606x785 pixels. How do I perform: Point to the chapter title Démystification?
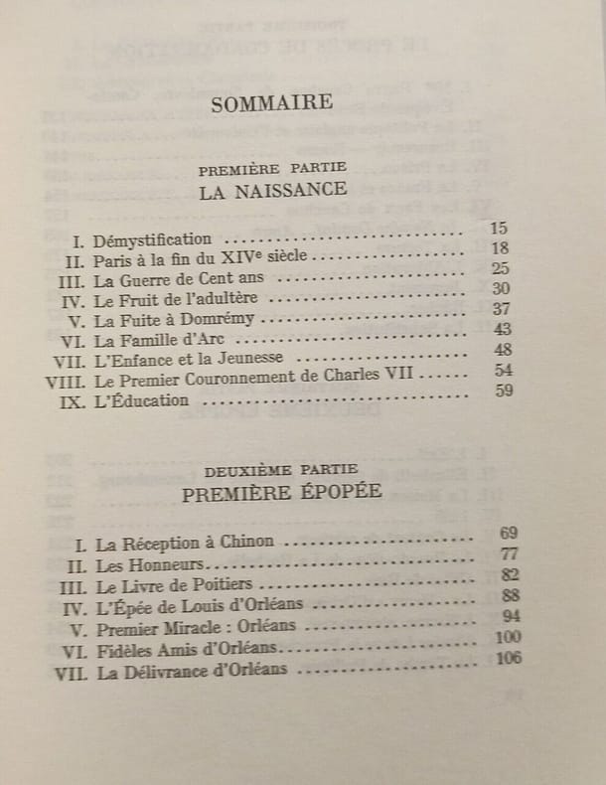(152, 239)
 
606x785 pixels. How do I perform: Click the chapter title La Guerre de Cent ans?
(179, 279)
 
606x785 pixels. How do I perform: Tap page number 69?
(509, 534)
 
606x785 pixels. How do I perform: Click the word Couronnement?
(268, 381)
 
